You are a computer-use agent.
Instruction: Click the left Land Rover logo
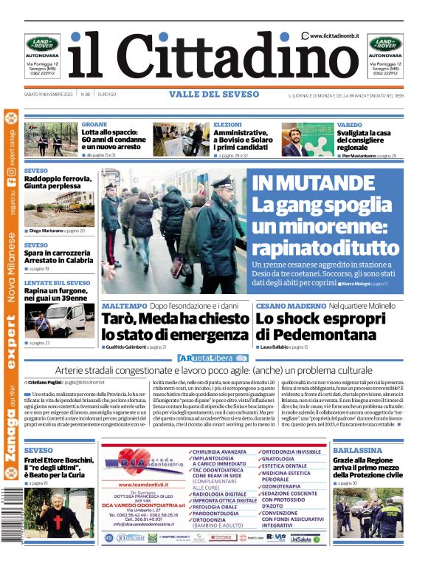coord(42,44)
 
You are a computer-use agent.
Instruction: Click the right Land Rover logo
coord(386,44)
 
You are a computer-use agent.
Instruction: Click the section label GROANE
coord(94,124)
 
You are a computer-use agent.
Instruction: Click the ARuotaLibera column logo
coord(207,358)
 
